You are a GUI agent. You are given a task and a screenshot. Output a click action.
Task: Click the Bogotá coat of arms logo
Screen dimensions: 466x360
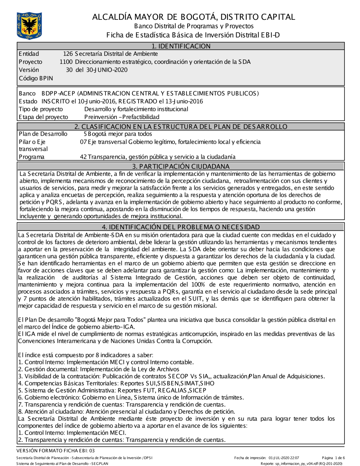tap(29, 25)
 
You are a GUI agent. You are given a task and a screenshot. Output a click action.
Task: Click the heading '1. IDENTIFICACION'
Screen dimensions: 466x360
tap(181, 46)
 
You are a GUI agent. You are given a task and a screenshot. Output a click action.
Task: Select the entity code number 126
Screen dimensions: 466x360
tap(68, 54)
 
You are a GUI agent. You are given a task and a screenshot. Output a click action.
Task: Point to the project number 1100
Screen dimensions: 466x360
tap(66, 62)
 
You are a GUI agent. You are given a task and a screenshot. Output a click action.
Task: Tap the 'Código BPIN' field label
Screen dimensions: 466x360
tap(36, 78)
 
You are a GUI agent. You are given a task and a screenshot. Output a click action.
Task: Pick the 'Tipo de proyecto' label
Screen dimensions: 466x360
tap(41, 109)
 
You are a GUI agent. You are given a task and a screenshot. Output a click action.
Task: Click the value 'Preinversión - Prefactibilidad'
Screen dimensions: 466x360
tap(122, 117)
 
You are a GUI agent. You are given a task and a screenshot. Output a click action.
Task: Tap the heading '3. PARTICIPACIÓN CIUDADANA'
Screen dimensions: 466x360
tap(181, 166)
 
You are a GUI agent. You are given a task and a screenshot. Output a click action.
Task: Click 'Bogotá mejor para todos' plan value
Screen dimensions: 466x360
tap(120, 134)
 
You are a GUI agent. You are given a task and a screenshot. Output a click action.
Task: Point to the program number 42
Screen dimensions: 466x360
tap(83, 157)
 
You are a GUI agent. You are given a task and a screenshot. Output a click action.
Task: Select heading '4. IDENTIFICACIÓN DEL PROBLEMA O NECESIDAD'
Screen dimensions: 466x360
tap(181, 227)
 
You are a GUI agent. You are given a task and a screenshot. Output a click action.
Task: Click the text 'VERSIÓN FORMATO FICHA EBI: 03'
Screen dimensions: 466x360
tap(55, 451)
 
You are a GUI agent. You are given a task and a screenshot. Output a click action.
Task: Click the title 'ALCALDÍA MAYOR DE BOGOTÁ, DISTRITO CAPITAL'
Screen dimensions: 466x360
tap(193, 17)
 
